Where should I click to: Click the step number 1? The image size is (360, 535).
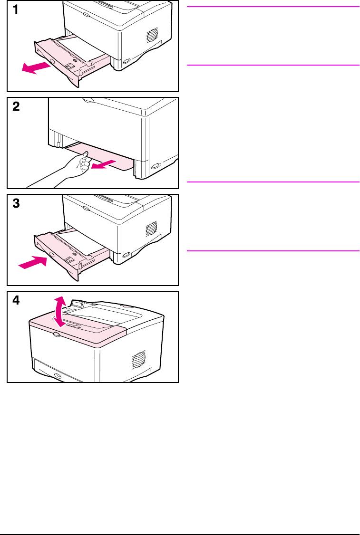pos(16,10)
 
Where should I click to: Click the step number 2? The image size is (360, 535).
pos(16,107)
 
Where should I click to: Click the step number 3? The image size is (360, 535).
pos(16,204)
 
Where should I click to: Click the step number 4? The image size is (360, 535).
pos(16,301)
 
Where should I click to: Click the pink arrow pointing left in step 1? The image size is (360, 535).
pos(36,67)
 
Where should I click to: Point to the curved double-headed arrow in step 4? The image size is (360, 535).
pos(59,311)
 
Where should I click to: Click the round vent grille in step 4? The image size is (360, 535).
pos(138,359)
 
